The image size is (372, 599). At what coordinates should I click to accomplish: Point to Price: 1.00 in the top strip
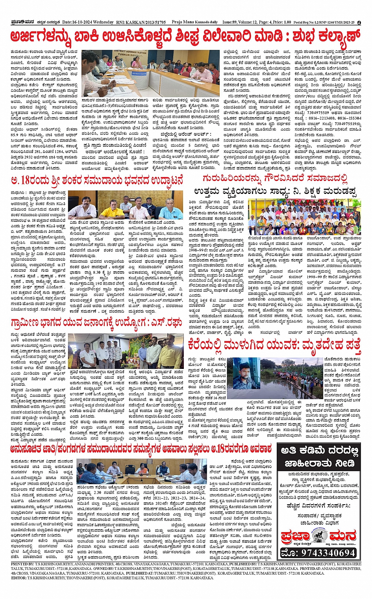281,22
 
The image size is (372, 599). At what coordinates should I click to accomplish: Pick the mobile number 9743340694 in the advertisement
318,553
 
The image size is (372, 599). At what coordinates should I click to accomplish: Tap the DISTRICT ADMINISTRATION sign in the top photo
130,53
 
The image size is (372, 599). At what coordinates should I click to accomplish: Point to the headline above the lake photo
274,345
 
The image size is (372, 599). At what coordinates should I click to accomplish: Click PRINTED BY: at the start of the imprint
23,564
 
